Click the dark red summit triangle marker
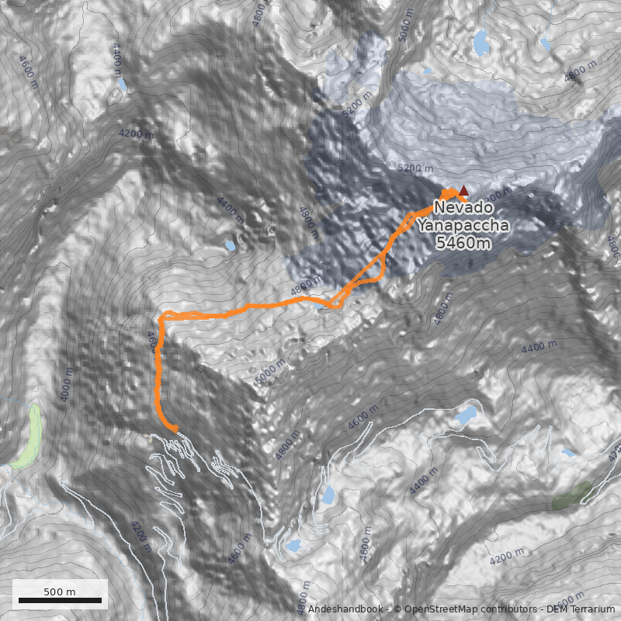click(464, 191)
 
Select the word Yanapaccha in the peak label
click(463, 226)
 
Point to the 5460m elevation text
click(463, 244)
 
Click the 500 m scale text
click(59, 592)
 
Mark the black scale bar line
click(60, 600)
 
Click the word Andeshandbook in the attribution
click(345, 610)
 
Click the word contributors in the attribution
click(506, 610)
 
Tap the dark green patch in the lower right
click(571, 495)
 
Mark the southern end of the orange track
click(175, 428)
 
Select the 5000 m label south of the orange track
click(271, 372)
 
